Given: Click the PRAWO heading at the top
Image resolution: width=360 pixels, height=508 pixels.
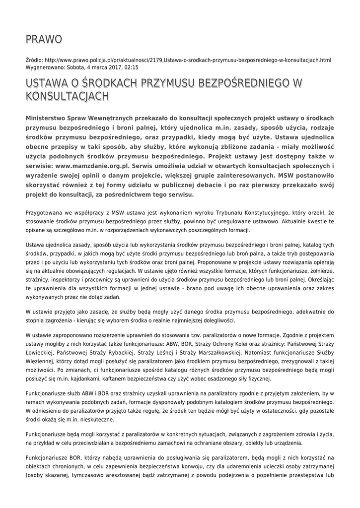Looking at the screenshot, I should (x=44, y=39).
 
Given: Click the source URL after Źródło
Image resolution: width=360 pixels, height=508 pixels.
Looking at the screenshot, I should (x=187, y=60).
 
